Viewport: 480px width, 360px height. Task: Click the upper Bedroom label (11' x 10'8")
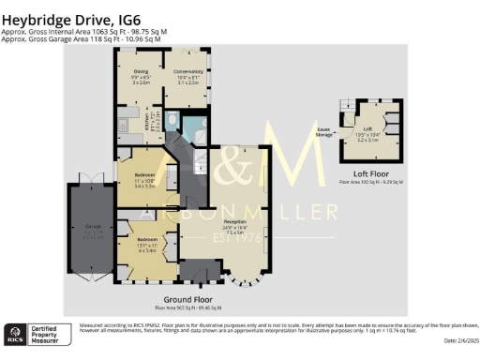click(144, 181)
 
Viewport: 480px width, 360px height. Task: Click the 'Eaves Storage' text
click(322, 134)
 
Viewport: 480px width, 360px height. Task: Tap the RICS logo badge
click(18, 331)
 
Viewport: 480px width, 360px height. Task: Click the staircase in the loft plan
click(351, 106)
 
